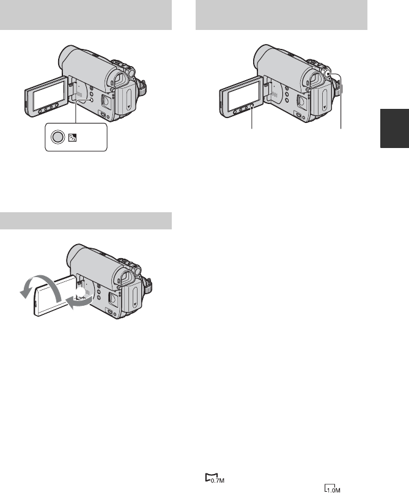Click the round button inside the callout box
click(57, 138)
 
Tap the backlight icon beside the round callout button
click(72, 138)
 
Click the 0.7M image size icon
click(215, 478)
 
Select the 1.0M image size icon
click(333, 487)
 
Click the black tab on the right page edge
click(394, 128)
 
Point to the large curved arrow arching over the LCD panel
click(40, 287)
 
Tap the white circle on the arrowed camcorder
click(81, 292)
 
